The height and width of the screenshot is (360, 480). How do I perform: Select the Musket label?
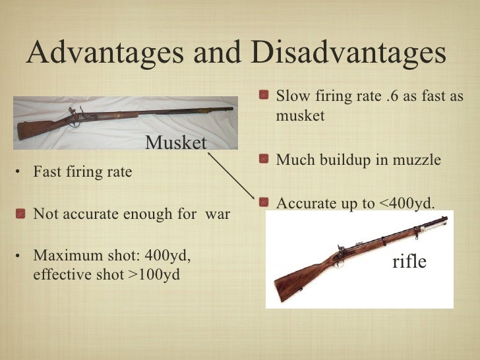tap(176, 142)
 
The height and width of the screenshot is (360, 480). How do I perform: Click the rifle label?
tap(409, 262)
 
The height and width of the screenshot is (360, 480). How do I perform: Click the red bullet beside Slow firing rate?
tap(264, 98)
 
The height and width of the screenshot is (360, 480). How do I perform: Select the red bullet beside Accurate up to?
tap(264, 204)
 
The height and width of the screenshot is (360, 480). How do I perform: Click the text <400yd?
tap(407, 204)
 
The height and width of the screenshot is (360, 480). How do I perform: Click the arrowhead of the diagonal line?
tap(255, 200)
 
